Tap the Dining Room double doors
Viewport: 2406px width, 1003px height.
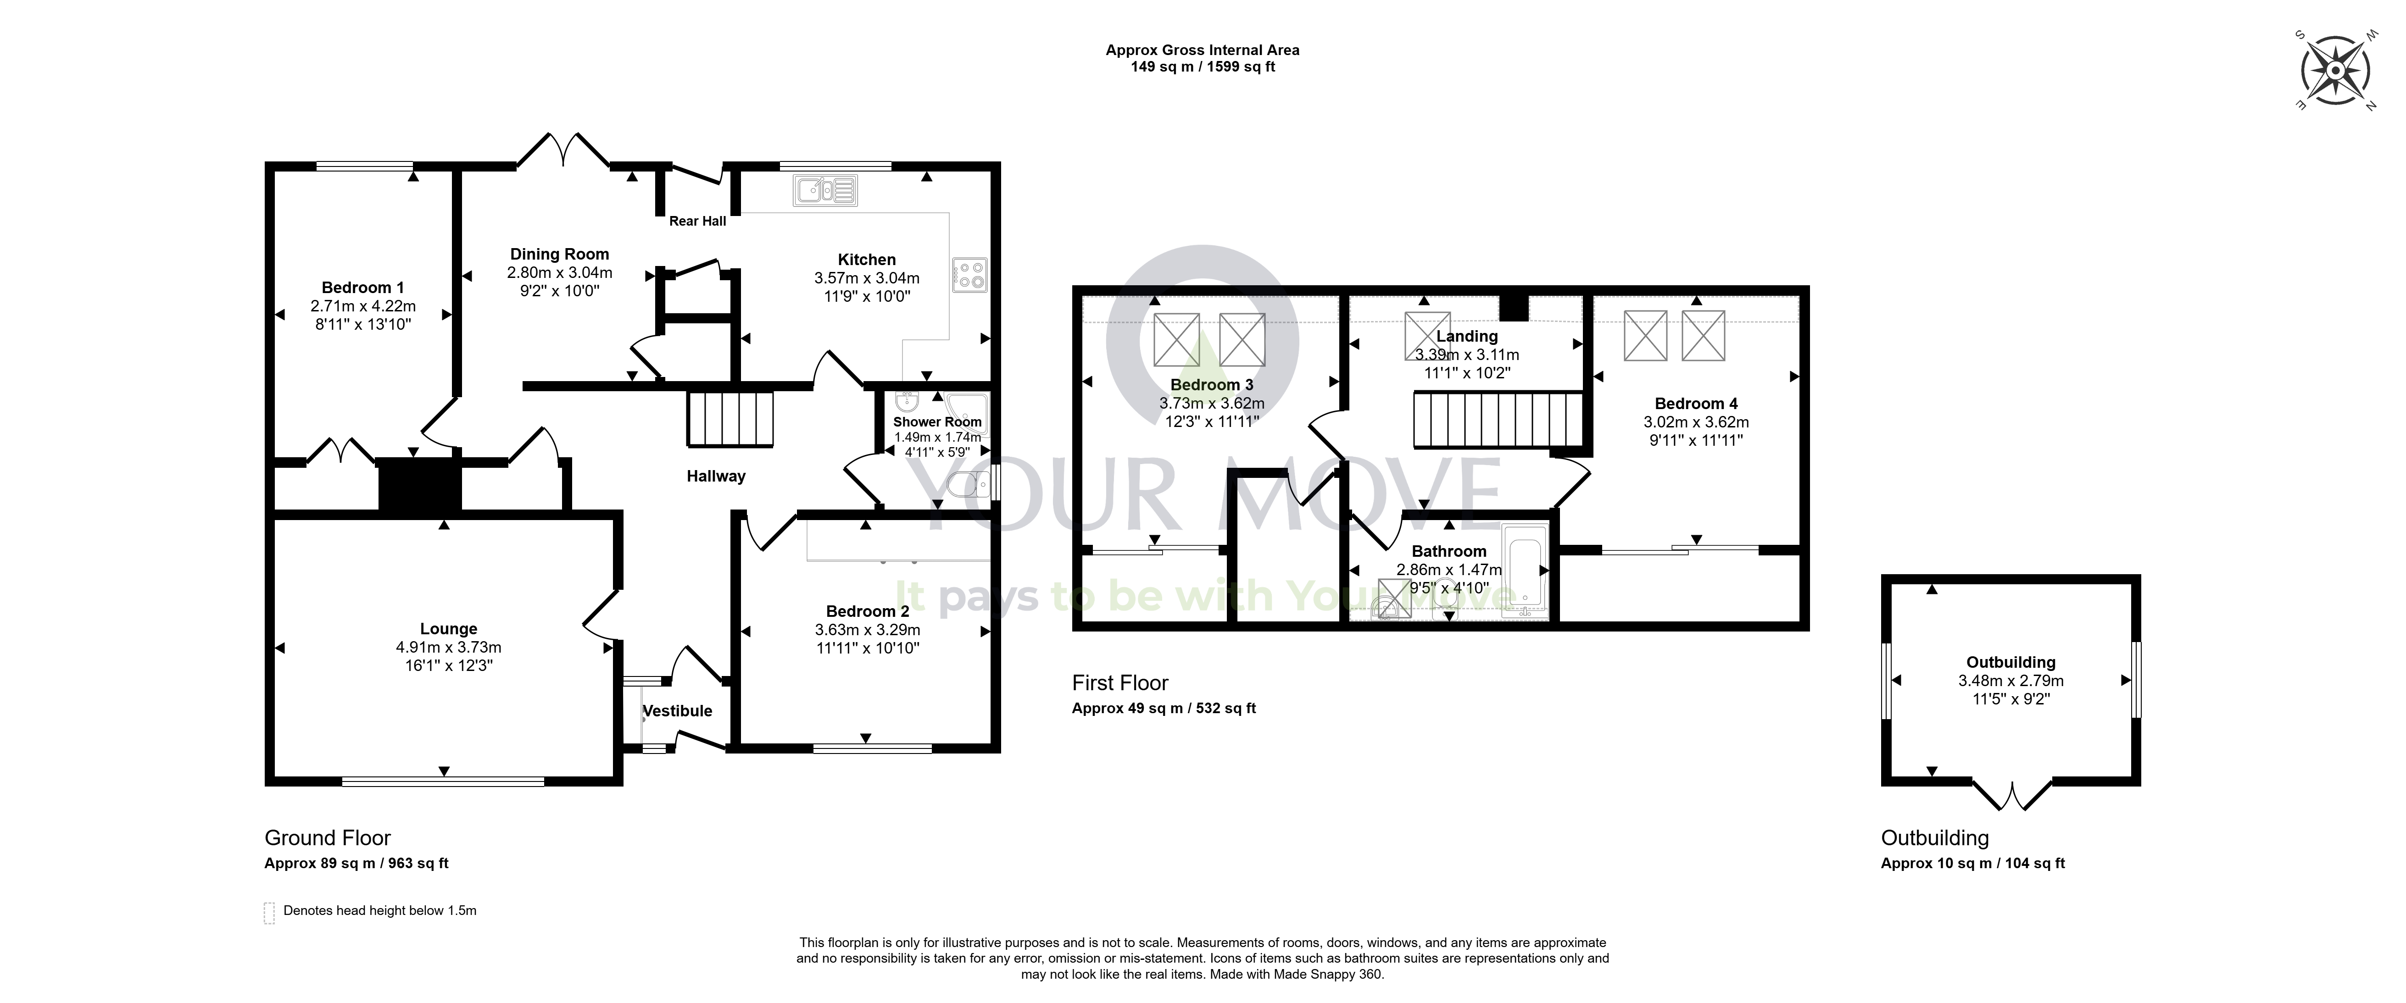coord(564,150)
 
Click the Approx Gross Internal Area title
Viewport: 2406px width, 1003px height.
coord(1202,50)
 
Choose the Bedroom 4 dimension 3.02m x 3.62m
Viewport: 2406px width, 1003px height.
coord(1696,422)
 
